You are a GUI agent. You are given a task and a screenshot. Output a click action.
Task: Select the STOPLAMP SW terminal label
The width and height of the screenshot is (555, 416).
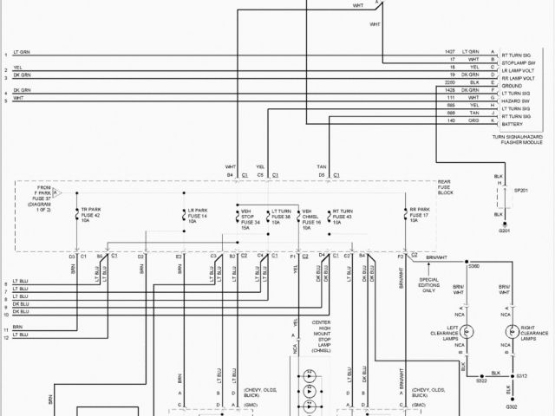click(515, 60)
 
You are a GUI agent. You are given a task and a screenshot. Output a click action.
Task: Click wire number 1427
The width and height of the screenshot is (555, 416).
click(449, 52)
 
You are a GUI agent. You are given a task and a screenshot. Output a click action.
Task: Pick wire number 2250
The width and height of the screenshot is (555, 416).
click(449, 81)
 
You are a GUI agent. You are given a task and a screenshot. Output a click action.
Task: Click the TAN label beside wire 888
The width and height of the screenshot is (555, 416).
click(475, 112)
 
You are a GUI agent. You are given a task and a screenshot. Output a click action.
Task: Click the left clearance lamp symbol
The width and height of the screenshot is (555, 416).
click(466, 331)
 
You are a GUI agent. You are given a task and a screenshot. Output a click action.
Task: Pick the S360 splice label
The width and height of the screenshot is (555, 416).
click(473, 267)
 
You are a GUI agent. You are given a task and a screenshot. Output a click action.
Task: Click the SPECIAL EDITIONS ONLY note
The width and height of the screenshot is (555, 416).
click(428, 284)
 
